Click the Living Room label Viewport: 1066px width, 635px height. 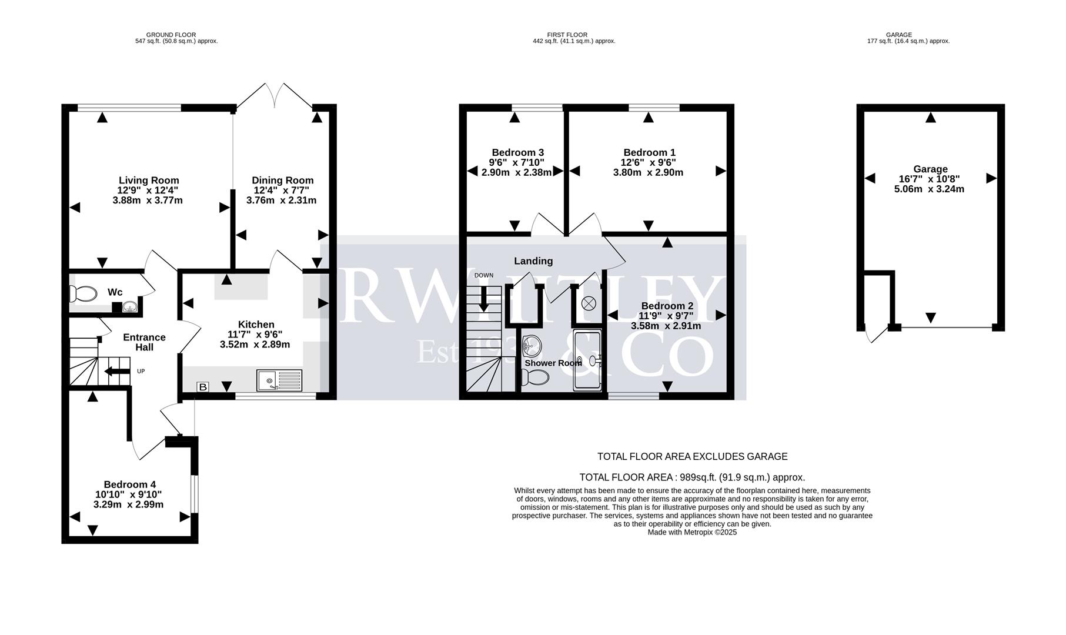(x=149, y=181)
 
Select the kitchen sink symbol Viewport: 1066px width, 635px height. (x=279, y=380)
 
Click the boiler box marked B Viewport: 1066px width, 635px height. (x=202, y=387)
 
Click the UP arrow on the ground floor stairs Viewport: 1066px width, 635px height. (x=116, y=371)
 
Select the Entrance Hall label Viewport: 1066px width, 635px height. (x=144, y=342)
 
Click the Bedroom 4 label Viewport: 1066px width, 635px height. (x=129, y=484)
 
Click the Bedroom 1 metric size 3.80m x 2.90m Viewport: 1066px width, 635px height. (x=648, y=173)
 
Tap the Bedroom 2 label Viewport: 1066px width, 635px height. (x=667, y=306)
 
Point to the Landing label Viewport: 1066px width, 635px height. (x=533, y=261)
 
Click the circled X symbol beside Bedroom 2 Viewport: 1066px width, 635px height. (x=588, y=303)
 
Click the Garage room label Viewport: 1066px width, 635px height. (x=930, y=169)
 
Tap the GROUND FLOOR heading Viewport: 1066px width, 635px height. (x=171, y=35)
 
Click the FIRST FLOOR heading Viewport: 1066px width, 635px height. (x=567, y=35)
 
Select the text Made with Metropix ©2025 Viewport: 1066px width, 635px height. (x=691, y=532)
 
